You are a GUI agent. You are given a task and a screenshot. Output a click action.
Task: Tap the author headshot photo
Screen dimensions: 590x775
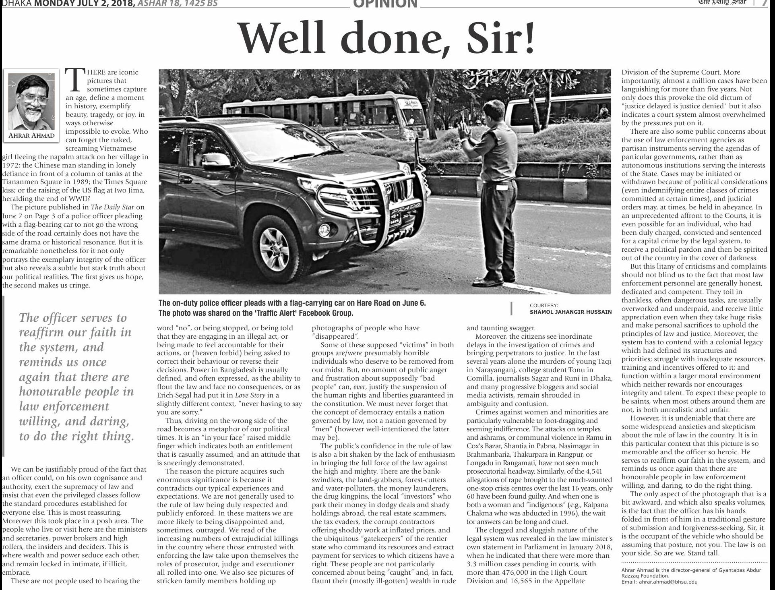point(31,100)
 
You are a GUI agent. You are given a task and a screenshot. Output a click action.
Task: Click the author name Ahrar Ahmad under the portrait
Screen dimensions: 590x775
point(31,135)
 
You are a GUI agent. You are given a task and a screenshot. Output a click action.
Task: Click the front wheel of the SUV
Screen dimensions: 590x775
point(274,246)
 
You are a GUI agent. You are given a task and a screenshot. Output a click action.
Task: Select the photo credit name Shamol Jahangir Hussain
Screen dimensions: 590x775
point(570,312)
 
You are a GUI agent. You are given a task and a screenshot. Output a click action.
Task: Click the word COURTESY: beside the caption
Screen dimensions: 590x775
point(544,306)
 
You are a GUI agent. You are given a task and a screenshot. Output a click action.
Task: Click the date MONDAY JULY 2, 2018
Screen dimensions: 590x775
point(85,3)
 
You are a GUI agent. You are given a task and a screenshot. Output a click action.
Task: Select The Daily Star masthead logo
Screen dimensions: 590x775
point(722,2)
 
